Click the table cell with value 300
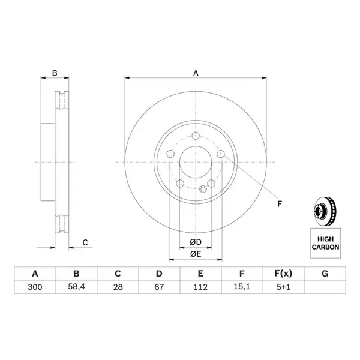coord(35,287)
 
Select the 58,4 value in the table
coord(76,287)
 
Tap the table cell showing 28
coord(118,287)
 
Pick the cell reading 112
coord(200,287)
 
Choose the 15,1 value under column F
coord(242,287)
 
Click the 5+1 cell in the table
coord(283,287)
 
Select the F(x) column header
coord(283,274)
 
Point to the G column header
coord(325,274)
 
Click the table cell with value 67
coord(159,287)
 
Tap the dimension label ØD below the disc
coord(196,242)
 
